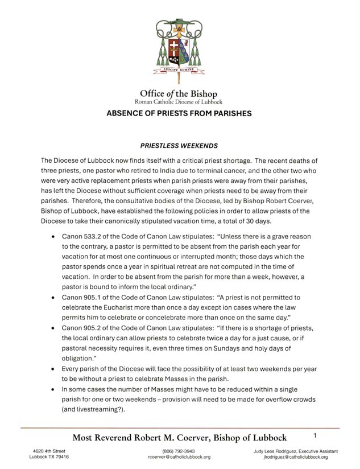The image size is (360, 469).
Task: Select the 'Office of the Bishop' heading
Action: pos(179,93)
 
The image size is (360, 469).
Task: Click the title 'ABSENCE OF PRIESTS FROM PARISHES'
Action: pos(179,113)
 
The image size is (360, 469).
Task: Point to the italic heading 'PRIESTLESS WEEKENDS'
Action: pos(179,146)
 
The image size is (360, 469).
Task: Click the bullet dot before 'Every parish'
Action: pos(53,369)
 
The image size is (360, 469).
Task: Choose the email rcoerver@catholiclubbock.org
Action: pos(179,457)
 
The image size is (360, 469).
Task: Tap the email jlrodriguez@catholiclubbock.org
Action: pos(292,457)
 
